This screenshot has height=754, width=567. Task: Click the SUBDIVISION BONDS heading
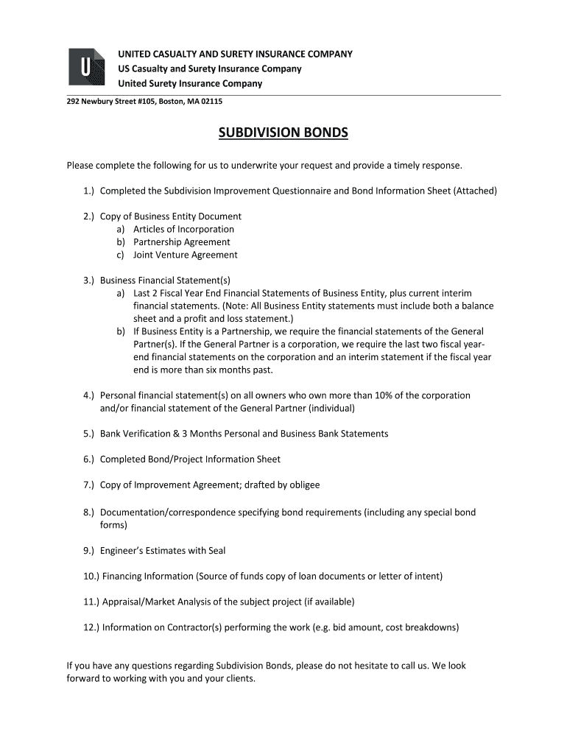(283, 133)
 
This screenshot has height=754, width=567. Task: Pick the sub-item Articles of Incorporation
(183, 229)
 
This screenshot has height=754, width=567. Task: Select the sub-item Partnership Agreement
(181, 242)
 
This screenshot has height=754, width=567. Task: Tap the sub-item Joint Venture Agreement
(185, 256)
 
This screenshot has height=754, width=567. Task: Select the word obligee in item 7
(303, 485)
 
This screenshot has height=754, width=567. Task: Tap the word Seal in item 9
(216, 551)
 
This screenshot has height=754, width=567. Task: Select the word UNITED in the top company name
(136, 54)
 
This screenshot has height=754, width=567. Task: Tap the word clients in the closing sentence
(237, 679)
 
